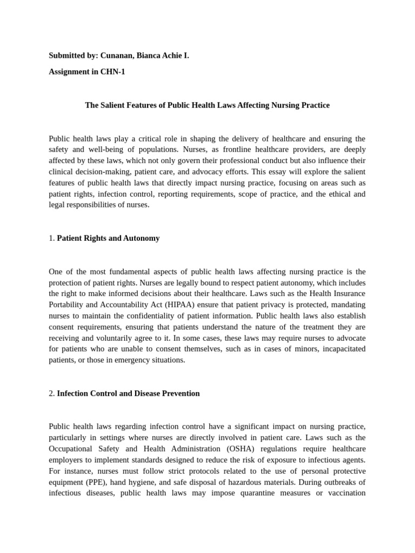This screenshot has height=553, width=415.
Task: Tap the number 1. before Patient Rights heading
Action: pyautogui.click(x=52, y=238)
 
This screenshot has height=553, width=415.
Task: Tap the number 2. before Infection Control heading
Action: pyautogui.click(x=52, y=394)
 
